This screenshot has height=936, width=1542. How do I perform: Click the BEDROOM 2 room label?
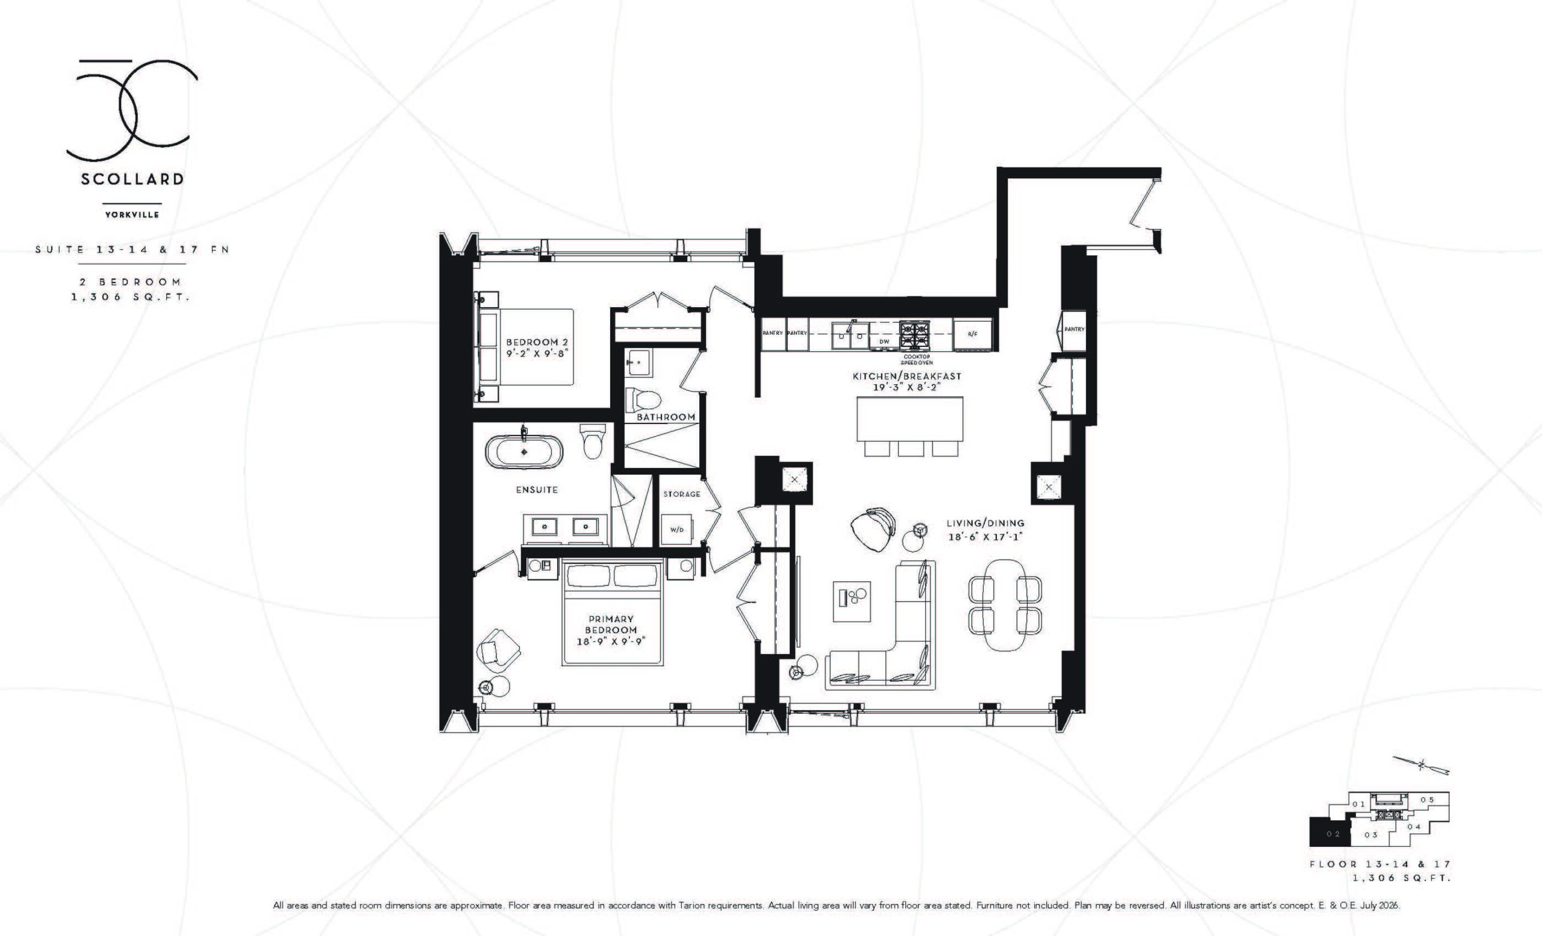[537, 342]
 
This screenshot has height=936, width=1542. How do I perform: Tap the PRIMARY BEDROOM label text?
[611, 625]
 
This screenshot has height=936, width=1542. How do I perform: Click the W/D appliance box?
[677, 529]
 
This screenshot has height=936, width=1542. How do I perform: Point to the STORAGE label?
[681, 495]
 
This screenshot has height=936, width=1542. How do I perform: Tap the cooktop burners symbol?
[915, 335]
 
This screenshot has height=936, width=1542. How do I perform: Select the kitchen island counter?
[910, 419]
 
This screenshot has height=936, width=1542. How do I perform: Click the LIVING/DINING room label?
[985, 523]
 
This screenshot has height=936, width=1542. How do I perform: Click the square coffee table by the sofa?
[852, 601]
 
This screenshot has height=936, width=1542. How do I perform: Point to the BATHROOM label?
[666, 417]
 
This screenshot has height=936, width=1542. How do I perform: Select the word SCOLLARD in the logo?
[132, 179]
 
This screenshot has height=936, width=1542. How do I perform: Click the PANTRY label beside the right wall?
[1075, 329]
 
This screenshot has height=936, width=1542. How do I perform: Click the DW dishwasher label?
[884, 342]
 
